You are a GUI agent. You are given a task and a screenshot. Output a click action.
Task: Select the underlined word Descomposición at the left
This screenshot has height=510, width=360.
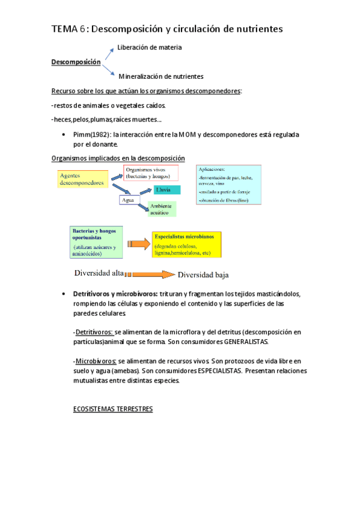point(76,62)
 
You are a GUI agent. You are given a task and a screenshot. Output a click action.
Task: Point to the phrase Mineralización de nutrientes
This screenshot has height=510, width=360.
point(161,76)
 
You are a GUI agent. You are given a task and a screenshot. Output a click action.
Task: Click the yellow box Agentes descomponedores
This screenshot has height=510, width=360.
point(82,178)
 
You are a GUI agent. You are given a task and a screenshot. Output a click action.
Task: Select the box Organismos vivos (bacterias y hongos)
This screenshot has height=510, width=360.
point(151,173)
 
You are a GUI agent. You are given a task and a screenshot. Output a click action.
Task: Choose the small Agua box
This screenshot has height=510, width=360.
point(129,200)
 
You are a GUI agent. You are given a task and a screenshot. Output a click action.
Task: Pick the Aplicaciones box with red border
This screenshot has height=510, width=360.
point(228,185)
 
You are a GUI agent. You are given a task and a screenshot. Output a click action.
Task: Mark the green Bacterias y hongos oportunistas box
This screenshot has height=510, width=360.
point(96,242)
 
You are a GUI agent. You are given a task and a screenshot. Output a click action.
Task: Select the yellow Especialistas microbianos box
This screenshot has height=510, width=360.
point(186,244)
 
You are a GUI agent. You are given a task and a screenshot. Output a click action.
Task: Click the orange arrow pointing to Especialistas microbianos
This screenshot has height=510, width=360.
point(137,244)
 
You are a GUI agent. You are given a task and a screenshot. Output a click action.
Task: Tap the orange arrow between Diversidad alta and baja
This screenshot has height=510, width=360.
point(150,274)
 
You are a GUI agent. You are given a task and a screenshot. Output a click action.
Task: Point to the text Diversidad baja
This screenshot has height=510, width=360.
point(203,275)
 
